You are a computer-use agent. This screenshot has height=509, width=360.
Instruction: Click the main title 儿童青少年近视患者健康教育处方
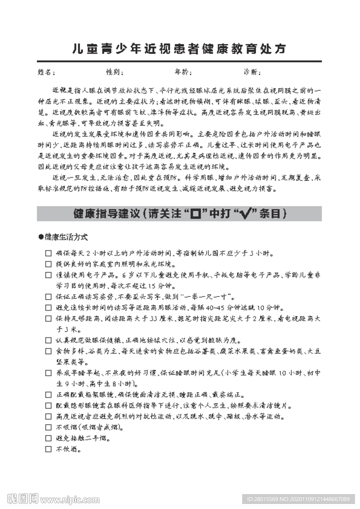tap(180, 49)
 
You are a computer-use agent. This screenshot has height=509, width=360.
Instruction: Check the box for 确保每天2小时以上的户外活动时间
tap(48, 253)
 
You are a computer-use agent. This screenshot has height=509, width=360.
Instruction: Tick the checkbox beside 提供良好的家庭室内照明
tap(48, 264)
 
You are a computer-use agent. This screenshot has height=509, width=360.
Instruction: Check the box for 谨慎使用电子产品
tap(48, 275)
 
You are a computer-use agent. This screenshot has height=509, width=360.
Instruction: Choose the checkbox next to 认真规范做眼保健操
tap(48, 340)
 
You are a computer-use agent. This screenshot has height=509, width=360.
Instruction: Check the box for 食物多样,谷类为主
tap(48, 351)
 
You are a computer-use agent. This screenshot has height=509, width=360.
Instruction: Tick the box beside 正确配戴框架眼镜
tap(48, 395)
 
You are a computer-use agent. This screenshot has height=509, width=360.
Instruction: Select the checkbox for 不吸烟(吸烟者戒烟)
tap(48, 427)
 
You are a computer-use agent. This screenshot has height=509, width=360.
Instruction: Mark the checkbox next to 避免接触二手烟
tap(48, 438)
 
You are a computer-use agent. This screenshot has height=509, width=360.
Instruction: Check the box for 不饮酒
tap(48, 449)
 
